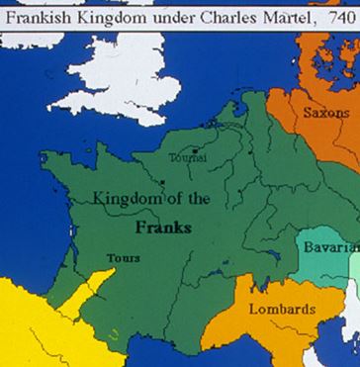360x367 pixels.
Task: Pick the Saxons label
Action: (x=325, y=113)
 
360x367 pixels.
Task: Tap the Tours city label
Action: (x=124, y=258)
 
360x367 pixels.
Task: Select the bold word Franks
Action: (x=163, y=227)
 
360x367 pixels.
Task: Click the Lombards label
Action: (x=282, y=309)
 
